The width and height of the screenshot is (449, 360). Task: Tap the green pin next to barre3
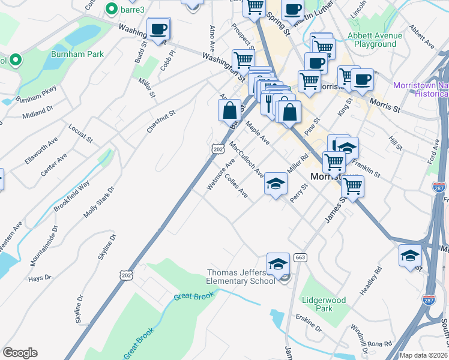point(111,9)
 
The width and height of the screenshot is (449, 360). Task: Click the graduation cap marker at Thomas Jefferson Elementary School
point(278,263)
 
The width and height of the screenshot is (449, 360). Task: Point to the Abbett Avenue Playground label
point(375,40)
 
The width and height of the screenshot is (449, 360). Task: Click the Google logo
point(20,353)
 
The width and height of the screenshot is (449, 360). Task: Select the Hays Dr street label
point(40,279)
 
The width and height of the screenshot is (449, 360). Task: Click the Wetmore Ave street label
point(220,175)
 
